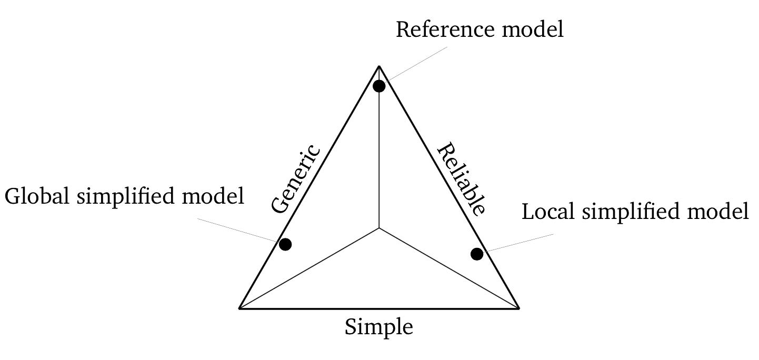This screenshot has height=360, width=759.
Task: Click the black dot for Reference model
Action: tap(379, 86)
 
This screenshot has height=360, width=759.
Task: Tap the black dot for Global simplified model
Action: tap(285, 244)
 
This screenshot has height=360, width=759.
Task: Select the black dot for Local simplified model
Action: tap(477, 254)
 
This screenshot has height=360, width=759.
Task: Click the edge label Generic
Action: tap(296, 179)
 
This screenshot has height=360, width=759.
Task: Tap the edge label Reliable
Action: tap(461, 179)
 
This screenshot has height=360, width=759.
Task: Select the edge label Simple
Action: tap(379, 327)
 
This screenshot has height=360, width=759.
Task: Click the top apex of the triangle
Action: tap(379, 66)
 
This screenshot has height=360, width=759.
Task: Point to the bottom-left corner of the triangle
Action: tap(240, 308)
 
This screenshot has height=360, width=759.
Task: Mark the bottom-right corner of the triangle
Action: tap(518, 308)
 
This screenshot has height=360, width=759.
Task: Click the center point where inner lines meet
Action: tap(379, 228)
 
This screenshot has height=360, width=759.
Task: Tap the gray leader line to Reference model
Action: tap(416, 64)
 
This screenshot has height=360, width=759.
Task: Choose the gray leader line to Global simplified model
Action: tap(237, 229)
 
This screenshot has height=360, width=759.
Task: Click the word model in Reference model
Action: tap(532, 29)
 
